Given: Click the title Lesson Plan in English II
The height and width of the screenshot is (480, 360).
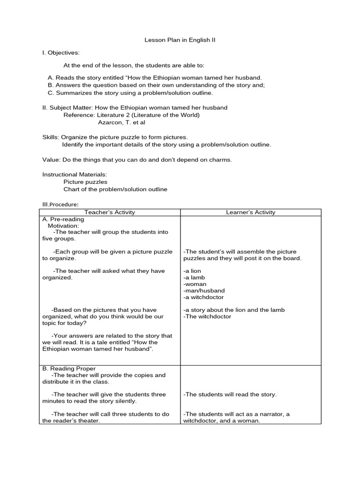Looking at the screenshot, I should coord(180,40).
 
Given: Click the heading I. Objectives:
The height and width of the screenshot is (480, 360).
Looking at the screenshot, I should coord(61,52).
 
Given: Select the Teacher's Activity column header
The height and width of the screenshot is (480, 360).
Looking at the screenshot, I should coord(110,212).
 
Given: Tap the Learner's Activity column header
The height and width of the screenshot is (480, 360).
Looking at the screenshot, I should coord(251,212).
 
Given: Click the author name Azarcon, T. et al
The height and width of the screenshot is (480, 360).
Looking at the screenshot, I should coord(121,122).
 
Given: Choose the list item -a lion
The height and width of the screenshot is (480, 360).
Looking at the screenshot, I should coord(192,271).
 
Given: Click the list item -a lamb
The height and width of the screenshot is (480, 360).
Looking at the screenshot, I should coord(194,277).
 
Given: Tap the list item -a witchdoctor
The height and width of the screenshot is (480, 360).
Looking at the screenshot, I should coord(204,297).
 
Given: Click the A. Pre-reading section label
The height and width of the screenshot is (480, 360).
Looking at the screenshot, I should coord(63,219).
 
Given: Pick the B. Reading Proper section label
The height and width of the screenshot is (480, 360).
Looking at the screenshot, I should coord(69,368).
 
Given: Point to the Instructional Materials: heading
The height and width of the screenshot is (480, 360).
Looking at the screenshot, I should coord(75,174).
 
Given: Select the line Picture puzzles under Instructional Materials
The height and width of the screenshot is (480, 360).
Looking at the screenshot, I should coord(85,182).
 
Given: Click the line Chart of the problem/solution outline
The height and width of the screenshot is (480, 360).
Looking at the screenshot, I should coord(115,189).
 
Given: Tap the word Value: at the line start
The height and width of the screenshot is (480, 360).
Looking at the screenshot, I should coord(51,160).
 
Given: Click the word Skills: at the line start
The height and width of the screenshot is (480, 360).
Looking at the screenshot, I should coord(51,137).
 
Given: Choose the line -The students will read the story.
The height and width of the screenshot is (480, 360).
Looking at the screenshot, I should coord(230,395).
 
